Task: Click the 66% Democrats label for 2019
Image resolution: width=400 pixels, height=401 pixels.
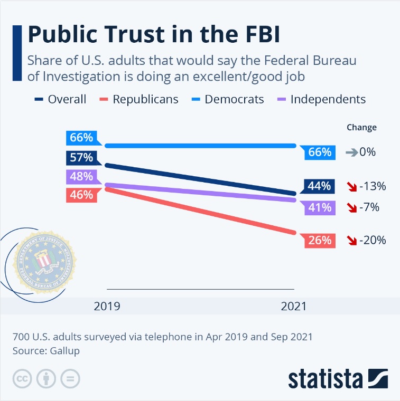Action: coord(81,138)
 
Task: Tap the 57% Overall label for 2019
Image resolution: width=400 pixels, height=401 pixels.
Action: coord(81,157)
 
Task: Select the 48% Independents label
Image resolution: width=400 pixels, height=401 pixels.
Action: coord(81,176)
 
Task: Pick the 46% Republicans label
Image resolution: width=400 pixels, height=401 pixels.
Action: coord(81,195)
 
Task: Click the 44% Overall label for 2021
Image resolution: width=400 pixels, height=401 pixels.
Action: coord(320,186)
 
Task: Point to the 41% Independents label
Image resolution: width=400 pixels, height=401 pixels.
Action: coord(320,207)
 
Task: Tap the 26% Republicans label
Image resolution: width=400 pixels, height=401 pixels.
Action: coord(320,241)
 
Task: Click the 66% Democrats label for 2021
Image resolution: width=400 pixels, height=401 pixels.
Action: coord(320,152)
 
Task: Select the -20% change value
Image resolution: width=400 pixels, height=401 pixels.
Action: coord(373,241)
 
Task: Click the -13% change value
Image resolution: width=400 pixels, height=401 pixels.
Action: coord(373,186)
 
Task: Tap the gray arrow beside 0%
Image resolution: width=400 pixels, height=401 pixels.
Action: coord(351,152)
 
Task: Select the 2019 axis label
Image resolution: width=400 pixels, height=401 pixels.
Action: coord(107,306)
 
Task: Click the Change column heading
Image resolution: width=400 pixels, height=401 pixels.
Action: coord(361,127)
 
